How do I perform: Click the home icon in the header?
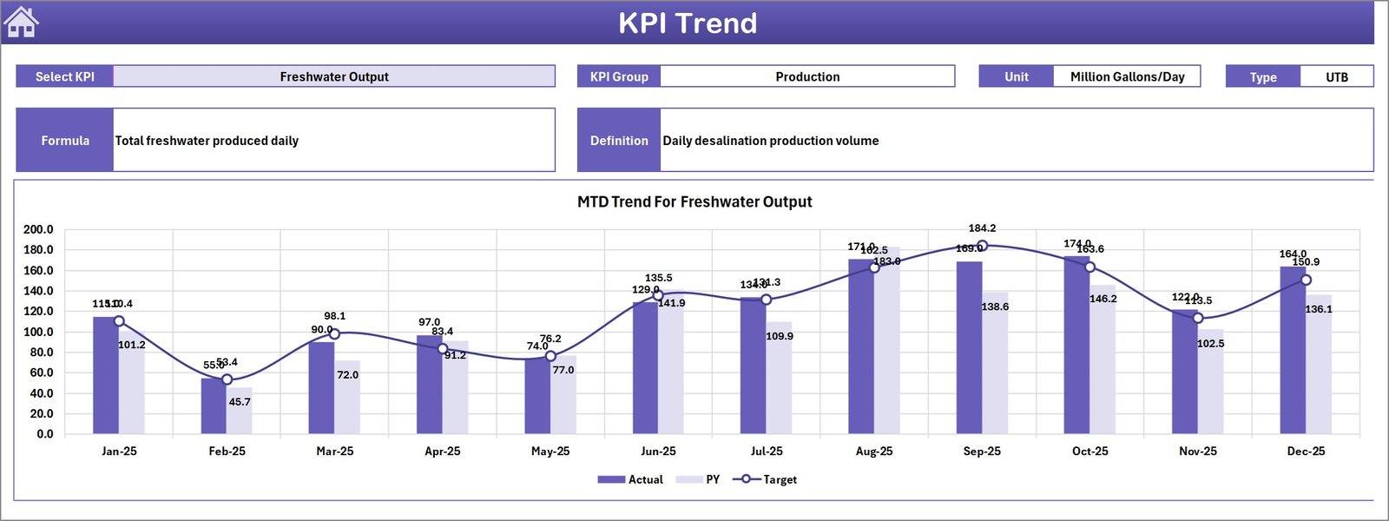coord(21,23)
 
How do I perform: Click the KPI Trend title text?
coord(687,23)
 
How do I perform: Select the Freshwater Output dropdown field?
coord(334,76)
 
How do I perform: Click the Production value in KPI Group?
coord(807,76)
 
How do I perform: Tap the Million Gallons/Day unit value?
coord(1127,76)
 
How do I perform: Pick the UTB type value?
coord(1336,77)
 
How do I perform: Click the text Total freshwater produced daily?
coord(207,141)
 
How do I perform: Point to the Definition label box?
coord(619,141)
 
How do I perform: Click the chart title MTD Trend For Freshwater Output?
coord(694,201)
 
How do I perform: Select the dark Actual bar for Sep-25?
coord(969,347)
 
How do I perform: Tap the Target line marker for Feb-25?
coord(227,379)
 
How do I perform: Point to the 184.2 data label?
coord(982,228)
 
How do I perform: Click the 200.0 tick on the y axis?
coord(38,229)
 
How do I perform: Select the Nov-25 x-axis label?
coord(1197,452)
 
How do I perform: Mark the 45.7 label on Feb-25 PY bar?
coord(240,402)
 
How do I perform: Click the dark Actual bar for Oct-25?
coord(1076,347)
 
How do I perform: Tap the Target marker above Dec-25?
coord(1306,280)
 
